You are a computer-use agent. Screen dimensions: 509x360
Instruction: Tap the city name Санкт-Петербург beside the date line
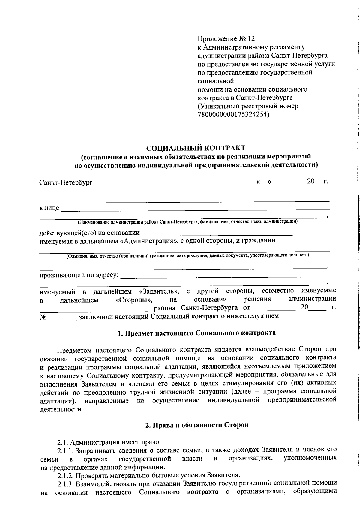(x=66, y=182)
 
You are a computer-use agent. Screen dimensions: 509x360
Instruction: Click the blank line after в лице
(x=195, y=208)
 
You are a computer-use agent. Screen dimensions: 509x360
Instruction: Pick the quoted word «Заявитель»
(x=159, y=291)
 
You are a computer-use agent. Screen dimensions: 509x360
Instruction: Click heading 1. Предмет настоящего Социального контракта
(x=196, y=333)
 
